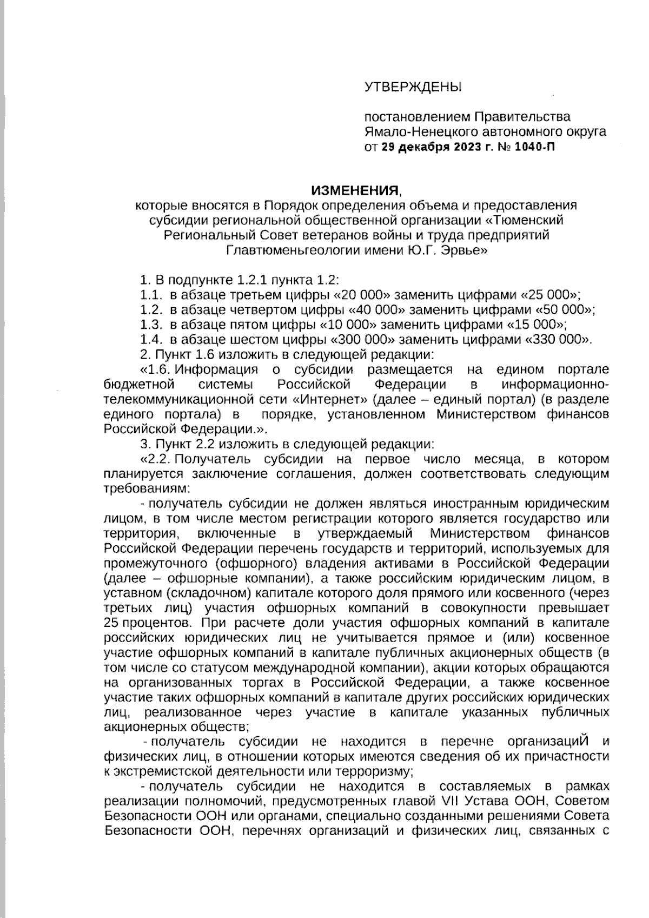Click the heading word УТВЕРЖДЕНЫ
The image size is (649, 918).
coord(414,87)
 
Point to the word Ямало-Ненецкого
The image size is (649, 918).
coord(415,131)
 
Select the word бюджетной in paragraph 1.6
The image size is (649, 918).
coord(139,385)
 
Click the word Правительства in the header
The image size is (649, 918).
coord(522,117)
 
